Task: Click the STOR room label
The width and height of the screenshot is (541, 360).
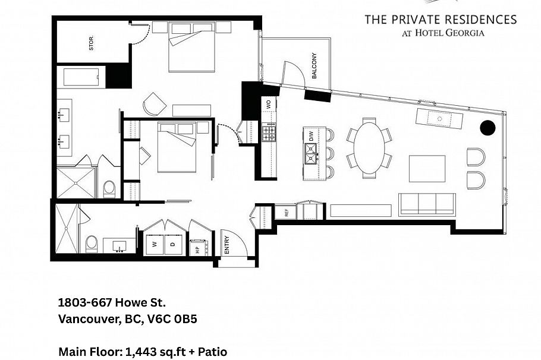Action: point(92,43)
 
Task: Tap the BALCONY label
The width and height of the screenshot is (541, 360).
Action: point(314,66)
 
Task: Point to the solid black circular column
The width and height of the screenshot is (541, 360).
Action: point(487,128)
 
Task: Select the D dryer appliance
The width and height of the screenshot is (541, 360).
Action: point(173,244)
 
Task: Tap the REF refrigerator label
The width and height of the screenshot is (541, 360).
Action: point(286,212)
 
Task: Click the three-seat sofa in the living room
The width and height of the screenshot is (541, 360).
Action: point(427,203)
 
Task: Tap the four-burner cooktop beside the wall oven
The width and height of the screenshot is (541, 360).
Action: point(269,132)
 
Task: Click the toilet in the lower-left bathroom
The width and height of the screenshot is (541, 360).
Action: point(92,244)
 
